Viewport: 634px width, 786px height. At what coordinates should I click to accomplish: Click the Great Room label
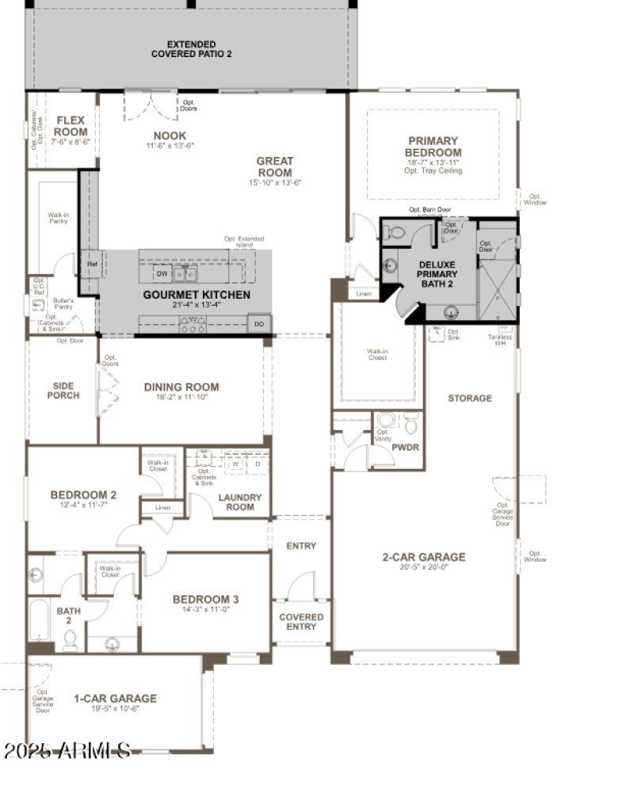[x=274, y=166]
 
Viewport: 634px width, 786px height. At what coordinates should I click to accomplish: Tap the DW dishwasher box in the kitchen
[x=162, y=274]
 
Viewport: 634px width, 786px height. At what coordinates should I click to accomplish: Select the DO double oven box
[x=259, y=324]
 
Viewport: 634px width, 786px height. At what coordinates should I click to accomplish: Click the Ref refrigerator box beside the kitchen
[x=92, y=265]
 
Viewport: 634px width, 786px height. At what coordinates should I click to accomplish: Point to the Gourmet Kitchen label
[x=197, y=296]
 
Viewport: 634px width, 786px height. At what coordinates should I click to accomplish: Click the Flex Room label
[x=71, y=126]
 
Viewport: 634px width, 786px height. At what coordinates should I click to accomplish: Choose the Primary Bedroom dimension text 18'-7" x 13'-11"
[x=433, y=162]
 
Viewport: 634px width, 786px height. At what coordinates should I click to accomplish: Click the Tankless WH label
[x=500, y=340]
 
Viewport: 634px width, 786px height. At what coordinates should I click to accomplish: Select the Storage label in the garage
[x=469, y=399]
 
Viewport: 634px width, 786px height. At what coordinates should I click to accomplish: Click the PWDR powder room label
[x=405, y=448]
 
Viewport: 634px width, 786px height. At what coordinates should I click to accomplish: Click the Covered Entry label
[x=301, y=621]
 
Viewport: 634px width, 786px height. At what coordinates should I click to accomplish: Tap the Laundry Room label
[x=239, y=502]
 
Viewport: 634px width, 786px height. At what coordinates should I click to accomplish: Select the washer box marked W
[x=235, y=464]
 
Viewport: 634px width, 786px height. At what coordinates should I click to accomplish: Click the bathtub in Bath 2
[x=39, y=620]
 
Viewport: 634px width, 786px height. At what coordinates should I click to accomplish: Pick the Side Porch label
[x=63, y=390]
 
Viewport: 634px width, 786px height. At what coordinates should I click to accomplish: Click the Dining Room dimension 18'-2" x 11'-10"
[x=181, y=399]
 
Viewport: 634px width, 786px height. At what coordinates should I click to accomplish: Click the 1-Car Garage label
[x=115, y=699]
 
